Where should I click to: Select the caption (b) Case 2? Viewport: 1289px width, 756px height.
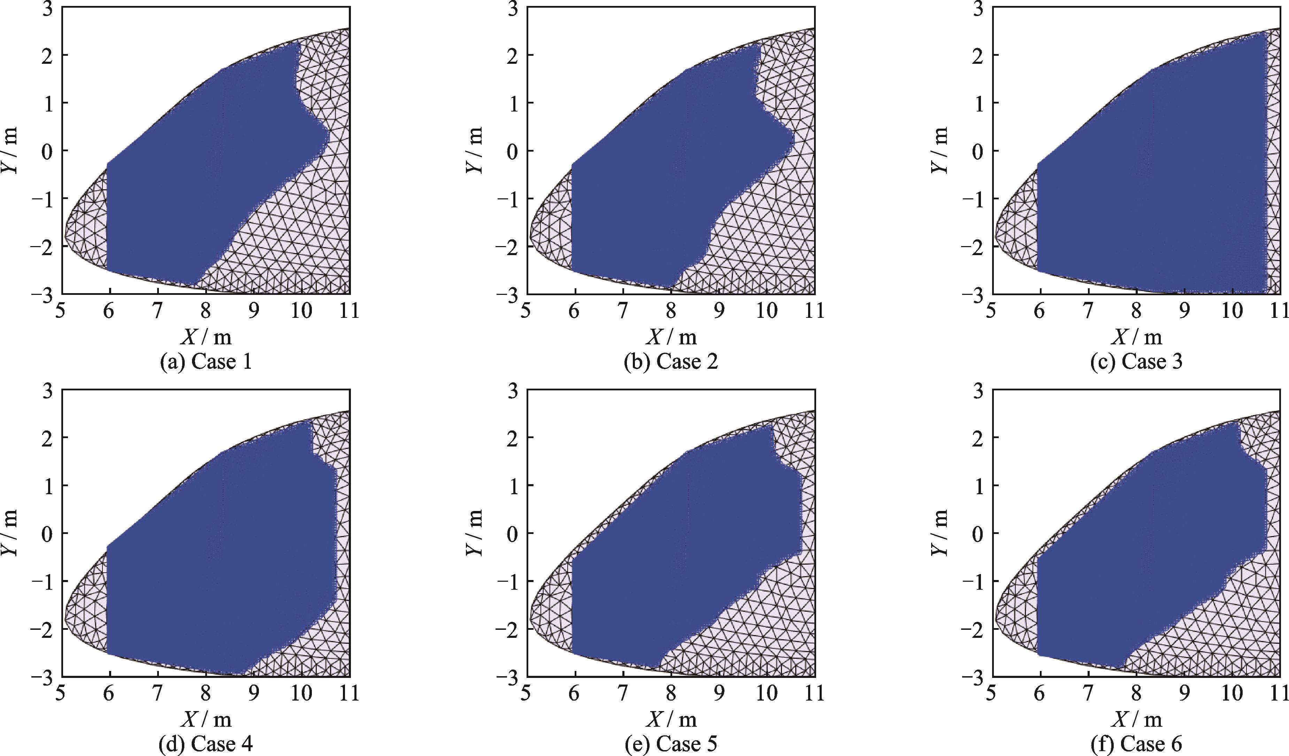(671, 362)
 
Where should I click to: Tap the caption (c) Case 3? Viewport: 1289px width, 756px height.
(1137, 362)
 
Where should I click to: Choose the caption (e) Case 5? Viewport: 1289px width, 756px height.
(671, 744)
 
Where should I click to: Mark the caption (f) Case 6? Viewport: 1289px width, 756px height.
(1137, 744)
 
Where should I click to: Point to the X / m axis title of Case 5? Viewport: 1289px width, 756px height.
(671, 719)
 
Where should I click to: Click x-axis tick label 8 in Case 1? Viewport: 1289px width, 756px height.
(206, 311)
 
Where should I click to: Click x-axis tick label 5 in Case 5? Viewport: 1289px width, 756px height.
(526, 694)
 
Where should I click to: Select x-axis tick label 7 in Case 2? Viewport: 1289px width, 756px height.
(622, 311)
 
